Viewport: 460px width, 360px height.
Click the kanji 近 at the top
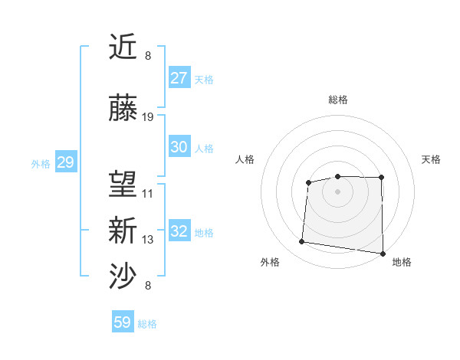123,47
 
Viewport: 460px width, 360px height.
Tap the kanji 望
123,185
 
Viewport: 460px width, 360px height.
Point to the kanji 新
123,231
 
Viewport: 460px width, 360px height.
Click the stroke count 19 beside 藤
148,117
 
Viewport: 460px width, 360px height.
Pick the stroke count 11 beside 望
148,194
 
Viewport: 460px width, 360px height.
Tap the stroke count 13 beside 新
148,240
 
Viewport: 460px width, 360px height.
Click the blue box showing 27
179,78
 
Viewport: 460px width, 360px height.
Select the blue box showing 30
179,147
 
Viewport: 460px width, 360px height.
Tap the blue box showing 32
179,231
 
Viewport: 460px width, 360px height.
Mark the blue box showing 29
65,162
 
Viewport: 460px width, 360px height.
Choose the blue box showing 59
123,322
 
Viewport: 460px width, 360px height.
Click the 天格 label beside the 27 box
204,80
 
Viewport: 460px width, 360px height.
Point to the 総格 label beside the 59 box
148,324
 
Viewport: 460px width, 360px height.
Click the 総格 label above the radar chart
338,100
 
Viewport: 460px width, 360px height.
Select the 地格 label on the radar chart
402,262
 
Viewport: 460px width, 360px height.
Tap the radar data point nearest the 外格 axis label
301,242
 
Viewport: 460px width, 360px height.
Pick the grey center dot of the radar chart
338,190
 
